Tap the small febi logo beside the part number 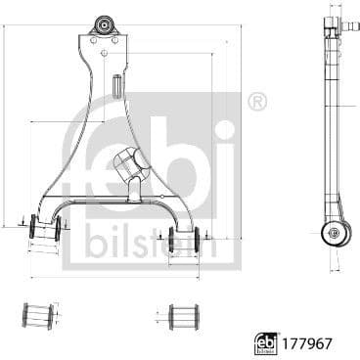pos(265,342)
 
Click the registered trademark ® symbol pos(257,101)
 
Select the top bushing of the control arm pos(104,23)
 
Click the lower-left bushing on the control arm pos(44,227)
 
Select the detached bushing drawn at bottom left pos(38,315)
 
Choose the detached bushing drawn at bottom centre pos(183,316)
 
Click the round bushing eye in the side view pos(336,233)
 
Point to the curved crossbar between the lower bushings pos(112,201)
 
